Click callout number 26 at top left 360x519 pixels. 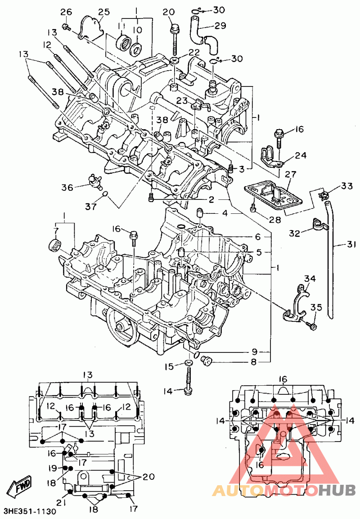coord(66,12)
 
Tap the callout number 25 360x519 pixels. coord(104,12)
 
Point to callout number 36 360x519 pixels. coord(67,187)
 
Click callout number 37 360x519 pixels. coord(90,207)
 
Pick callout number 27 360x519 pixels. coord(291,175)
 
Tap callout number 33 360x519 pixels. coord(347,186)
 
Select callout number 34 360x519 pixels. coord(310,279)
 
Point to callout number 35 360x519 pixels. coord(316,307)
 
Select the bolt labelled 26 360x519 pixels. coord(67,27)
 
